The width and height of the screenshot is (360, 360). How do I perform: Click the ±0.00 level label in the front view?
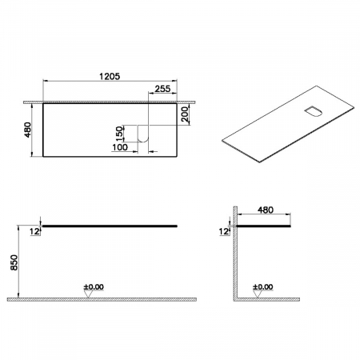[94, 285]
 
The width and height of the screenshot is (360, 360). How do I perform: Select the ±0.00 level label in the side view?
[263, 285]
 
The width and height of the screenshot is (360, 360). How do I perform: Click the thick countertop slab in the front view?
[109, 226]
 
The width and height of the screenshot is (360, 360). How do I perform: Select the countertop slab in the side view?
[264, 226]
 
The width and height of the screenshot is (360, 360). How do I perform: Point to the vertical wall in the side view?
[233, 256]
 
